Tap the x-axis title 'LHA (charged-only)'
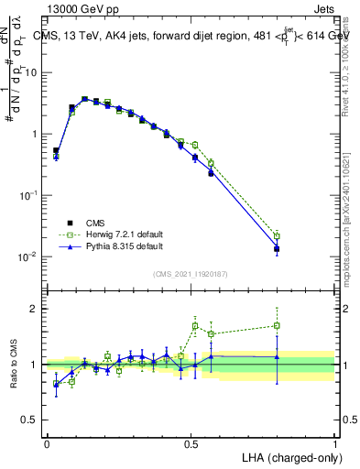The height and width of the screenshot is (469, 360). [x=286, y=456]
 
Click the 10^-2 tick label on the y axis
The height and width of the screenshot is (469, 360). [x=29, y=256]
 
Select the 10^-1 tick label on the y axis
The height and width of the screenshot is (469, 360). [x=29, y=195]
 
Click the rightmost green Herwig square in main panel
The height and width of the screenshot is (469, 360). [x=277, y=235]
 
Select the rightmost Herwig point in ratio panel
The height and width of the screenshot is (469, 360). [x=277, y=325]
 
